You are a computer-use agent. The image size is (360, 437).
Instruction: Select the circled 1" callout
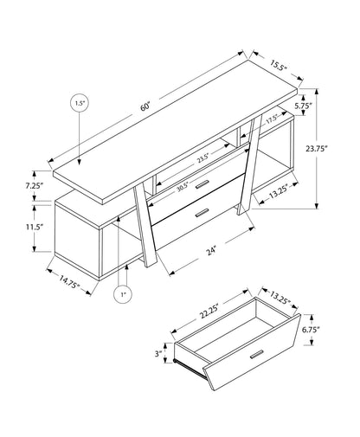(124, 296)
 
